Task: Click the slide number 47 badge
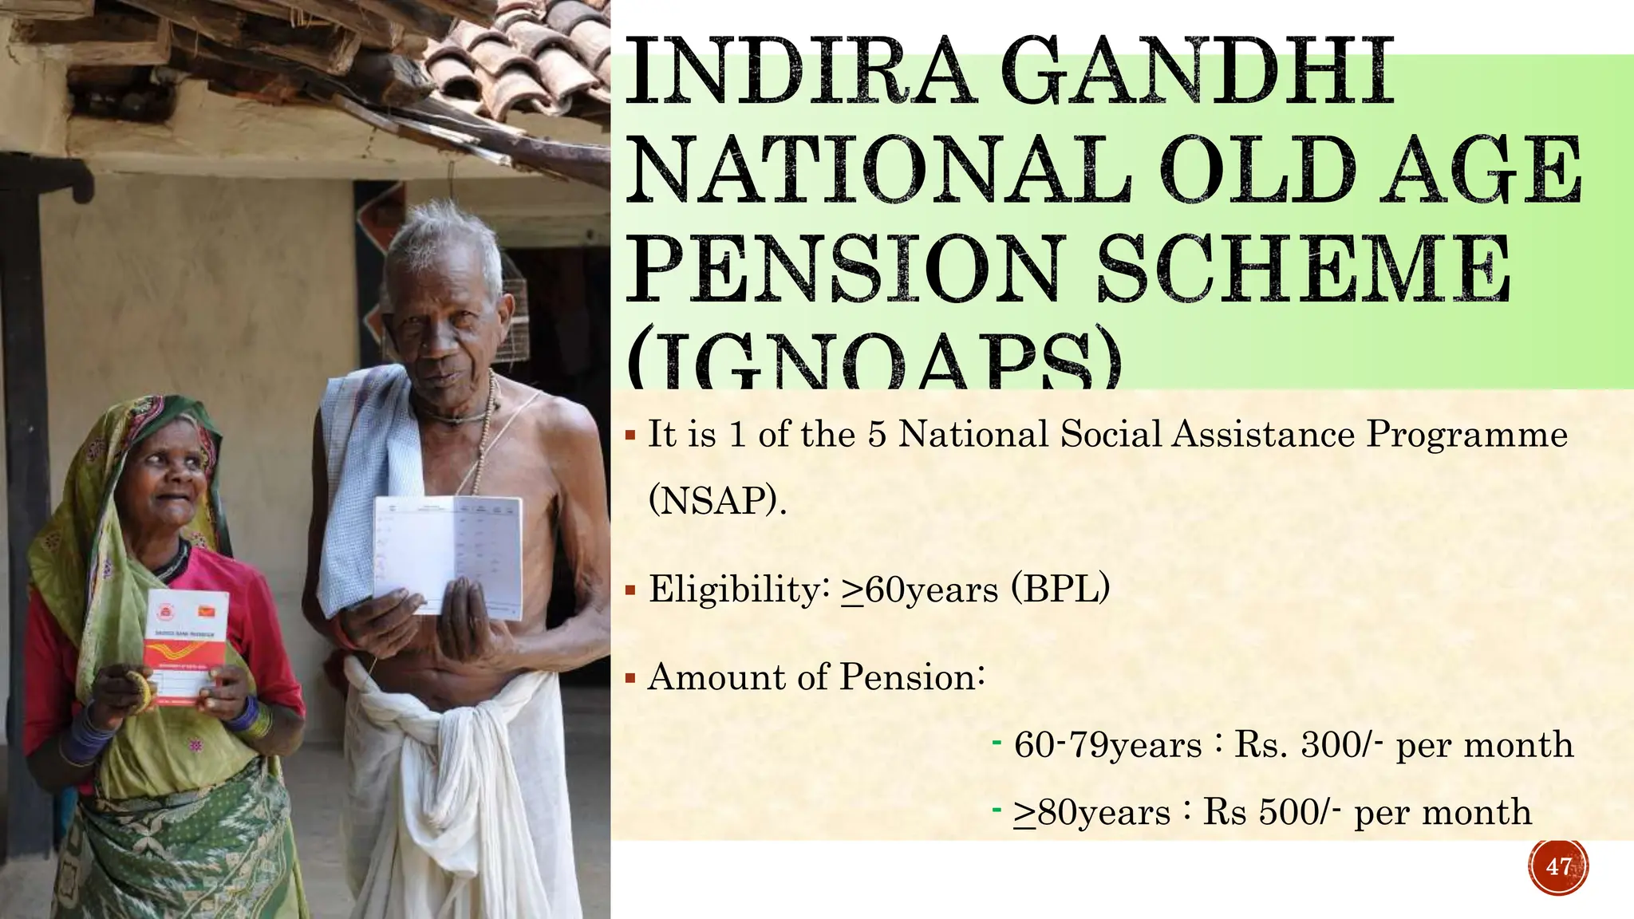pyautogui.click(x=1558, y=866)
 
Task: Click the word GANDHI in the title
pyautogui.click(x=1196, y=73)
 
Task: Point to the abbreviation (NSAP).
pyautogui.click(x=717, y=501)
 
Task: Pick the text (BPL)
pyautogui.click(x=1060, y=590)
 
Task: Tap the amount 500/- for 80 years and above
pyautogui.click(x=1300, y=813)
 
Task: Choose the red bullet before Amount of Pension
pyautogui.click(x=630, y=680)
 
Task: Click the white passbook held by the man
pyautogui.click(x=448, y=554)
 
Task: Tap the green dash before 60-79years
pyautogui.click(x=997, y=743)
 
